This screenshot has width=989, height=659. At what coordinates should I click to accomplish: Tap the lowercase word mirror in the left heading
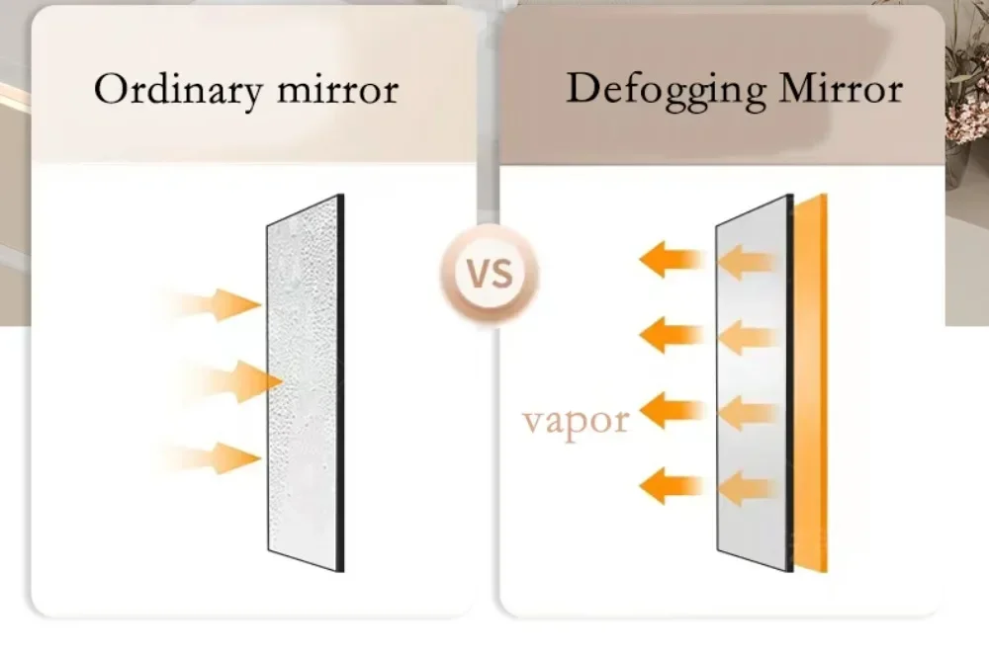(x=338, y=91)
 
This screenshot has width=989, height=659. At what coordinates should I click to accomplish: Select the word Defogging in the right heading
(x=666, y=90)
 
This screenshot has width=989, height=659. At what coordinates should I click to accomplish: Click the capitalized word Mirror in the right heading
(x=842, y=88)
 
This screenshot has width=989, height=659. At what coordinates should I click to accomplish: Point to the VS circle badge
(x=490, y=274)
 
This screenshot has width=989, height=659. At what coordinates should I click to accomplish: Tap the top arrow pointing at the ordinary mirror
(x=214, y=305)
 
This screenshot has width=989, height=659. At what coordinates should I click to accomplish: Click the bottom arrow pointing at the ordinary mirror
(x=214, y=458)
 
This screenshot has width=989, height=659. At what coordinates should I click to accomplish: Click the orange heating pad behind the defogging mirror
(x=811, y=383)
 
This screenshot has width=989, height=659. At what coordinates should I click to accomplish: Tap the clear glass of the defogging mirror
(x=753, y=383)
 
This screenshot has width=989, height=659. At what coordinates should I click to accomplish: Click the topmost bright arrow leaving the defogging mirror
(x=672, y=259)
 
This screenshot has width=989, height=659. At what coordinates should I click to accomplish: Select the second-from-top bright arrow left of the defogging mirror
(x=672, y=335)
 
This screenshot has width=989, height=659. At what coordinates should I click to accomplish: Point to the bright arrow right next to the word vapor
(x=672, y=410)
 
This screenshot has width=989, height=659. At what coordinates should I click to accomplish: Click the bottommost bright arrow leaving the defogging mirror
(x=672, y=486)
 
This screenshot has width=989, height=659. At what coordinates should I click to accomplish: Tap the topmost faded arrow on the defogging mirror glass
(x=747, y=262)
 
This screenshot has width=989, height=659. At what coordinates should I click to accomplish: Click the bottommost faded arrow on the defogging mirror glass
(x=747, y=488)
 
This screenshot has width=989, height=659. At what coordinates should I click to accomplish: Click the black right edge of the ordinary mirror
(x=341, y=383)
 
